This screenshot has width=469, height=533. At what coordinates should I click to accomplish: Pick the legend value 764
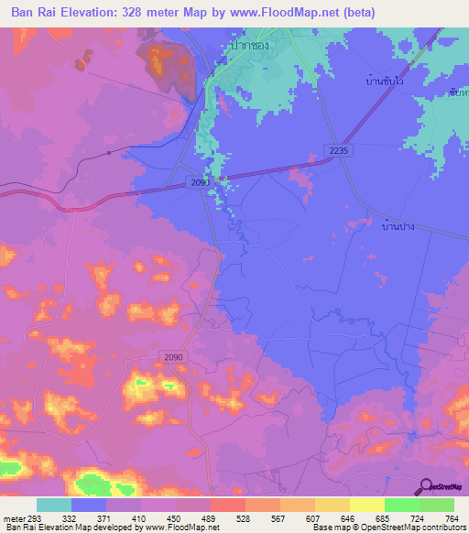click(451, 518)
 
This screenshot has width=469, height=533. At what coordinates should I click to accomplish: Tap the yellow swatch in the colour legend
click(366, 505)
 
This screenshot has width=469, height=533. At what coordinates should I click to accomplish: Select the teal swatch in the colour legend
click(54, 505)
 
